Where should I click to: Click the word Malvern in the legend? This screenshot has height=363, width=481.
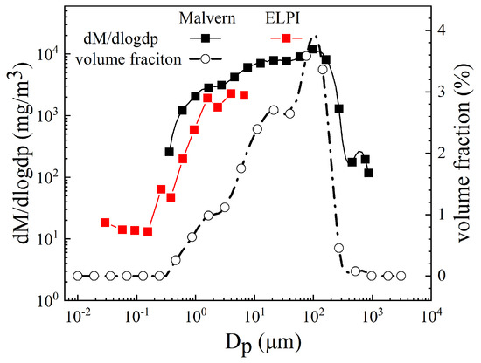207,18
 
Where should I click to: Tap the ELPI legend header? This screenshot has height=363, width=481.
282,18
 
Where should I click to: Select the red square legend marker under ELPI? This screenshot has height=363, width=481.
287,38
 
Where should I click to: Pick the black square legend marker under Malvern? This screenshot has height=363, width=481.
206,38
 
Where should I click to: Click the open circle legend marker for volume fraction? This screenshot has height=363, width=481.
206,58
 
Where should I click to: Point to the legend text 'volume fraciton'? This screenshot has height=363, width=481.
129,59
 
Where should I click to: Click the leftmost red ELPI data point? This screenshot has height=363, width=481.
105,223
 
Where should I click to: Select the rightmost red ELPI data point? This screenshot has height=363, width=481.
244,95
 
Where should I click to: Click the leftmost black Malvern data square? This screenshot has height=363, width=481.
170,152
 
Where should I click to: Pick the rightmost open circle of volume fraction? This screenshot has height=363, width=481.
401,276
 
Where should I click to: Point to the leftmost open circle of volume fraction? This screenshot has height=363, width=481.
78,276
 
